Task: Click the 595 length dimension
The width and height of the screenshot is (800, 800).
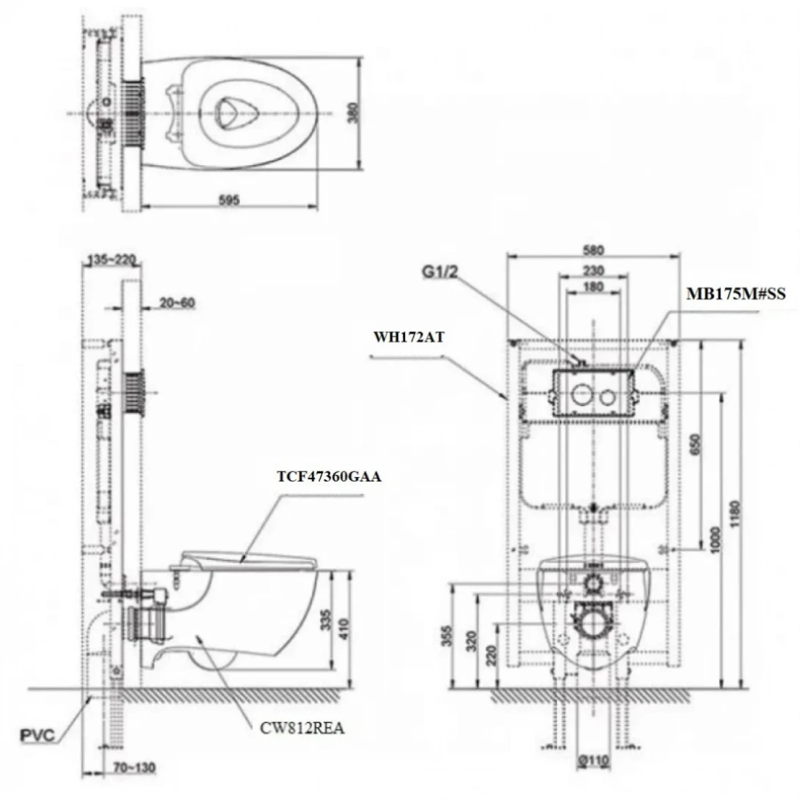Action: coord(229,200)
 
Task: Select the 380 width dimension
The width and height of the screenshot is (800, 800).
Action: coord(354,113)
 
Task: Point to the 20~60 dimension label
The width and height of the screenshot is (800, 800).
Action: coord(177,303)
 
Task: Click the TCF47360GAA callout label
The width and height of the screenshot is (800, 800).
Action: coord(329,476)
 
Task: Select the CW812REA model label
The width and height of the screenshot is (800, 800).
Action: coord(302,728)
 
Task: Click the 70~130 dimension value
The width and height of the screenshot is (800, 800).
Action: coord(134,767)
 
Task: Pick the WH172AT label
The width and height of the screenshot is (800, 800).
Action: coord(409,337)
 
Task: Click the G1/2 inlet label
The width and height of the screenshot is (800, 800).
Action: coord(440,272)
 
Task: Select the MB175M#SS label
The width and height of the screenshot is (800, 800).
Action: coord(736,294)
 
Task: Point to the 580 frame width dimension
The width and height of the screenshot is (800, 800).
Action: coord(593,250)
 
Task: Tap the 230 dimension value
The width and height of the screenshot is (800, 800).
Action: coord(593,270)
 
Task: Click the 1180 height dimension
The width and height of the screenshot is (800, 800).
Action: coord(735,514)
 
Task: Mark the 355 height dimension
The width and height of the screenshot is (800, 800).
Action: coord(447,636)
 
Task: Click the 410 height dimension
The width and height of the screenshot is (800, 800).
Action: coord(343,629)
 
